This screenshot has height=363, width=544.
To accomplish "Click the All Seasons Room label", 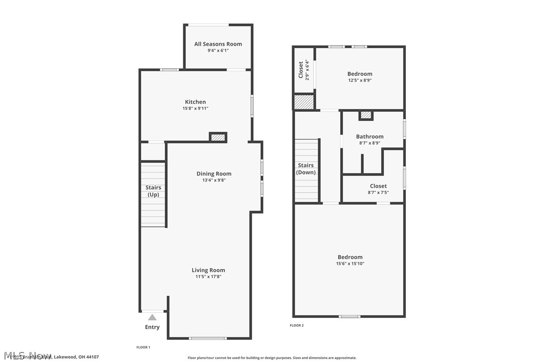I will pos(218,44).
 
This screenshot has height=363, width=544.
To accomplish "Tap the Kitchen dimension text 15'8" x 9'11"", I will pos(195,108).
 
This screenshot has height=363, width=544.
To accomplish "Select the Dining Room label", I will pos(213,174).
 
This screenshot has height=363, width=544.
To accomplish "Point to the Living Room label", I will pos(208,270).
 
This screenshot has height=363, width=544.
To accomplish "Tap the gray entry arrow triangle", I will pos(152,317).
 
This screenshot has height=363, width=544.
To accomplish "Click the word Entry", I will pos(152,327).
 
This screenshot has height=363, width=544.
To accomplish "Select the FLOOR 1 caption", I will pos(143,347).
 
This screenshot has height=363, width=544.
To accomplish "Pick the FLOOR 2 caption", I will pos(297,325).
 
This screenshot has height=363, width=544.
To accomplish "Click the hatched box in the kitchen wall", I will pos(218,137).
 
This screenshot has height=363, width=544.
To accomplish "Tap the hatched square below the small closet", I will pos(304,102).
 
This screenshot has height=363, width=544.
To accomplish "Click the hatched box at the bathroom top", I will pos(366,115).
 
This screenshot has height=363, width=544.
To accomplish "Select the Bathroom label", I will pos(370,136).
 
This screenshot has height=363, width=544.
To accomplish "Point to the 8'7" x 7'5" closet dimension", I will pos(378,192).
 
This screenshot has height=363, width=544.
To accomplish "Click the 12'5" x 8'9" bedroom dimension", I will pos(360,80).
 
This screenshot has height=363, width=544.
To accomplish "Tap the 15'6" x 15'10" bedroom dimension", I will pos(350,264).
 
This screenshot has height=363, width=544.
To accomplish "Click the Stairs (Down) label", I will pos(306,169).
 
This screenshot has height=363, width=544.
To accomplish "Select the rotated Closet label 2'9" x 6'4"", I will pos(304,70).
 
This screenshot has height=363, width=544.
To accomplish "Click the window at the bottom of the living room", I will pos(208,338).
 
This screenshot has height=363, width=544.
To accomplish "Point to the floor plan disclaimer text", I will pos(272,358).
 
